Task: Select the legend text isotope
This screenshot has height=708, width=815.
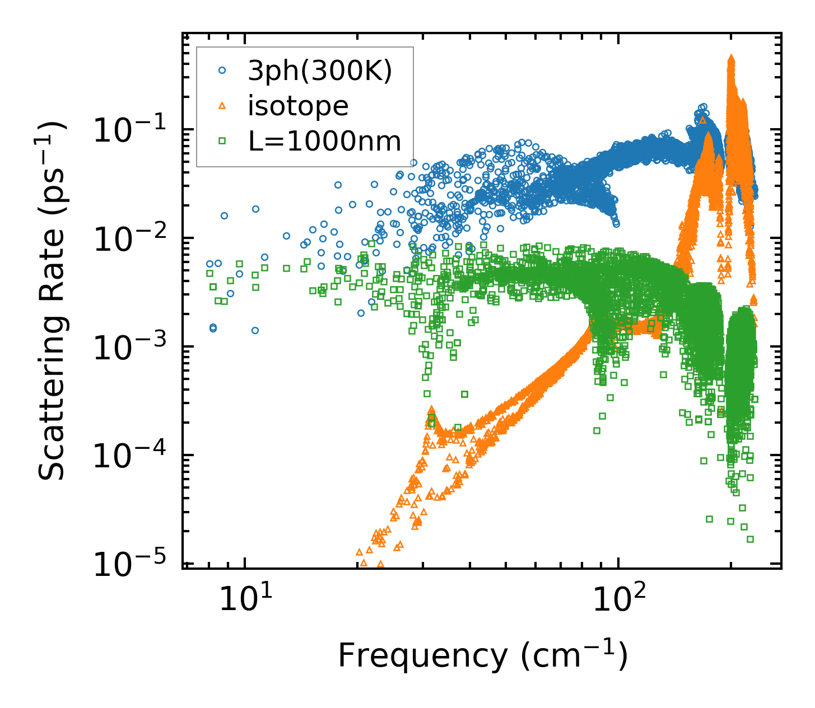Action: pyautogui.click(x=298, y=105)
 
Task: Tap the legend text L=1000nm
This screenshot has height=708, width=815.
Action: pyautogui.click(x=324, y=141)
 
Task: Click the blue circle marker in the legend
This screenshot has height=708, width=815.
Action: pyautogui.click(x=222, y=71)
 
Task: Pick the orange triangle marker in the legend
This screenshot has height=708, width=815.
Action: pyautogui.click(x=222, y=105)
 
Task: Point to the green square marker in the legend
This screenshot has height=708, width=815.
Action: pyautogui.click(x=222, y=141)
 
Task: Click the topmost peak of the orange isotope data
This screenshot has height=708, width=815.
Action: pyautogui.click(x=731, y=58)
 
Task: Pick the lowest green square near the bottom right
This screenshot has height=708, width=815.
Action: pyautogui.click(x=750, y=539)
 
